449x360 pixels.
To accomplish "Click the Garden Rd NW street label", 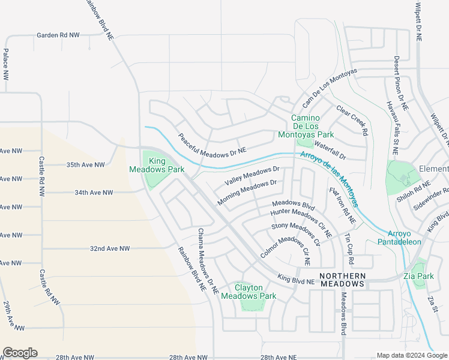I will click(x=58, y=35).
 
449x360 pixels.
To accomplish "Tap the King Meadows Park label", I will click(x=158, y=165).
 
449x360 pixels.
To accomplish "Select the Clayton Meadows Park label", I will click(x=249, y=292).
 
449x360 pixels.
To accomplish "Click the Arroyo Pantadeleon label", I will click(x=399, y=238).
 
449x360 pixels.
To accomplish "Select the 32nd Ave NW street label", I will click(x=110, y=248).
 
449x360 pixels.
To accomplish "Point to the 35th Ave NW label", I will click(x=85, y=164).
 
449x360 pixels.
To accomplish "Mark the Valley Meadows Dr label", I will click(x=252, y=176).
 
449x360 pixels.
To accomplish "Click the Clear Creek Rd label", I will click(x=352, y=121).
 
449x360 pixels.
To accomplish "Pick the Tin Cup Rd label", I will click(x=349, y=246).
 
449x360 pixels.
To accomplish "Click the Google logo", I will click(x=20, y=353).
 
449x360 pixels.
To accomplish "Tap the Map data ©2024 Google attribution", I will click(x=412, y=355).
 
